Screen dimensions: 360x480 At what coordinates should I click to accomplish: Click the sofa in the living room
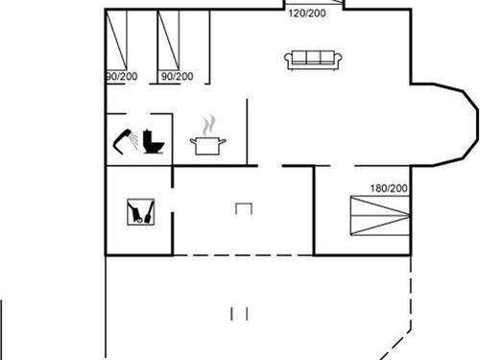(x=312, y=60)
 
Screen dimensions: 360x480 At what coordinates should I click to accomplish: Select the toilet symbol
(x=152, y=142)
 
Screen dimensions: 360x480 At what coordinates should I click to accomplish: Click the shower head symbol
(x=125, y=140)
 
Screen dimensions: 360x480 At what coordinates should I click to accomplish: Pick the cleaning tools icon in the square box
(x=139, y=211)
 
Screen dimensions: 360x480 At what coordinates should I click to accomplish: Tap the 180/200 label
(x=389, y=188)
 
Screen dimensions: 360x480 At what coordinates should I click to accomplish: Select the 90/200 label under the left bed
(x=121, y=76)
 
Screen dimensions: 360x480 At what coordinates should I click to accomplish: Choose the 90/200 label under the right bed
(x=177, y=76)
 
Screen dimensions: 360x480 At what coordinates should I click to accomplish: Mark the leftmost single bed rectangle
(x=116, y=41)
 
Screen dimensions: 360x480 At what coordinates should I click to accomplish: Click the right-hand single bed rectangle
(x=171, y=41)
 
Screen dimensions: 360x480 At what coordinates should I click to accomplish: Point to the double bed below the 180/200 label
(x=378, y=215)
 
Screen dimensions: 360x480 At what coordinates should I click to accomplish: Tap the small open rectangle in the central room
(x=243, y=208)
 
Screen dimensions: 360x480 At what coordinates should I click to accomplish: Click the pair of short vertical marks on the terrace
(x=240, y=313)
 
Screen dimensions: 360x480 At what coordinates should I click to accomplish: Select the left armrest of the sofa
(x=287, y=60)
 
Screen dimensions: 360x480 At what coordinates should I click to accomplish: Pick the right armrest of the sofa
(x=337, y=60)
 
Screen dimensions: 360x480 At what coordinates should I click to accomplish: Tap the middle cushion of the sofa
(x=312, y=59)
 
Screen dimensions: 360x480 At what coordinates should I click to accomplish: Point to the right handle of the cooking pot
(x=225, y=142)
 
